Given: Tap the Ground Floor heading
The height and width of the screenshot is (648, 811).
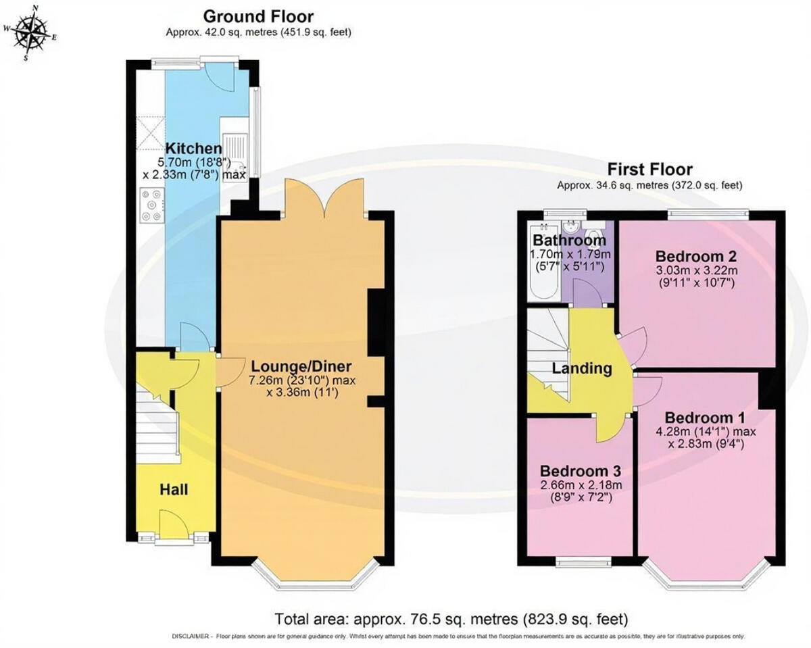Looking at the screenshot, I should click(258, 17).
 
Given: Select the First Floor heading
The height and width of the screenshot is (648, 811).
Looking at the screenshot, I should click(649, 169).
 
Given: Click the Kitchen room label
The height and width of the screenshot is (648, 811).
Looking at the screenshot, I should click(194, 149).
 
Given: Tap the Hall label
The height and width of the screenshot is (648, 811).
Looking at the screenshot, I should click(174, 489).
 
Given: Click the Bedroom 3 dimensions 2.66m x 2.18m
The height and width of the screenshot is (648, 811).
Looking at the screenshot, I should click(581, 484).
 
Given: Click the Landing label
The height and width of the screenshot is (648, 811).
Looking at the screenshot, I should click(582, 369).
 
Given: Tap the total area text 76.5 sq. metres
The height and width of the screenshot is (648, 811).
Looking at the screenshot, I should click(451, 618).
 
